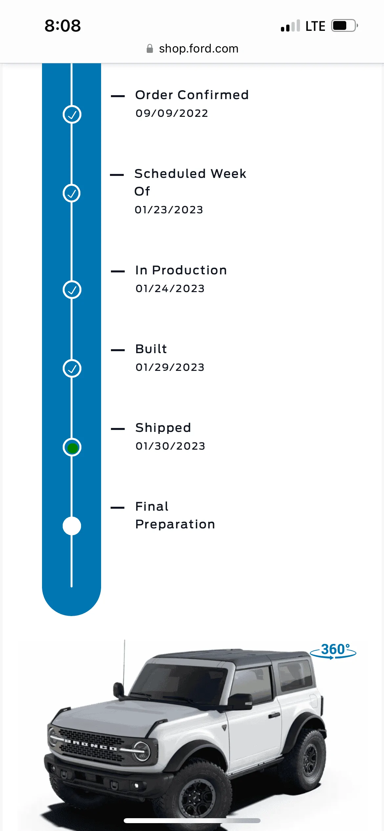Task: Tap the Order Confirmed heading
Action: tap(192, 95)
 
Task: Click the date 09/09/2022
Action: tap(172, 113)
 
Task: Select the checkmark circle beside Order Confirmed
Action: tap(72, 115)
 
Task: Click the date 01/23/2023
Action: tap(169, 210)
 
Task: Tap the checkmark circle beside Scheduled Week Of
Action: tap(72, 193)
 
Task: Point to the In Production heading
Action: tap(181, 270)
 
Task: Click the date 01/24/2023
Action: tap(170, 288)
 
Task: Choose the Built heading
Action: tap(151, 349)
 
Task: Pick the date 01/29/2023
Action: tap(170, 367)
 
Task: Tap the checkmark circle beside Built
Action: tap(72, 369)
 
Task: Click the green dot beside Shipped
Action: tap(72, 447)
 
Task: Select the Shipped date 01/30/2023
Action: tap(170, 446)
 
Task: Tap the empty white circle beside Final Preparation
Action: tap(72, 526)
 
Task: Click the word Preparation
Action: tap(175, 524)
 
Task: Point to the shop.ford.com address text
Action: tap(199, 49)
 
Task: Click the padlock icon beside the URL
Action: tap(150, 49)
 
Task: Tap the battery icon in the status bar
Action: tap(344, 26)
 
